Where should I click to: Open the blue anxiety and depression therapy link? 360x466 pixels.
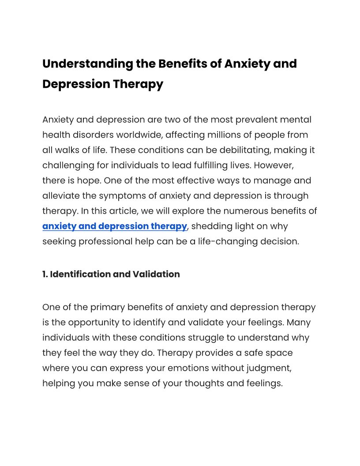click(x=115, y=226)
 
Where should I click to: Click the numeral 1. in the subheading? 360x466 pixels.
click(x=45, y=274)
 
